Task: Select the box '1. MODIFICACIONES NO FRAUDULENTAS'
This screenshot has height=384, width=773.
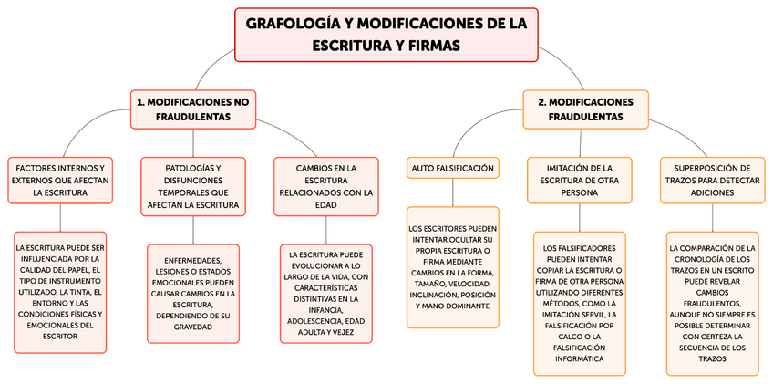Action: [x=192, y=109]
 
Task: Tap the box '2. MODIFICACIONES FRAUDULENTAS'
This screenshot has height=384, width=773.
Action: [x=585, y=109]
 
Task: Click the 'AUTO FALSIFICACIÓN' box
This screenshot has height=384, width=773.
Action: [x=453, y=168]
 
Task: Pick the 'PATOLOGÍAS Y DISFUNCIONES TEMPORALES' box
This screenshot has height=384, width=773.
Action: [x=193, y=186]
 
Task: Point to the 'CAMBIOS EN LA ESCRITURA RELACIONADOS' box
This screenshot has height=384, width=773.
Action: [x=326, y=186]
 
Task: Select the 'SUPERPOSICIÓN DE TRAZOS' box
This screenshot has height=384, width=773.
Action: [x=713, y=180]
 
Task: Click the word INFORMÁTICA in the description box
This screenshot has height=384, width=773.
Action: [x=580, y=359]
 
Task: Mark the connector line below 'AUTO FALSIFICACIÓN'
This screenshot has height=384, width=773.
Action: [x=453, y=192]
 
